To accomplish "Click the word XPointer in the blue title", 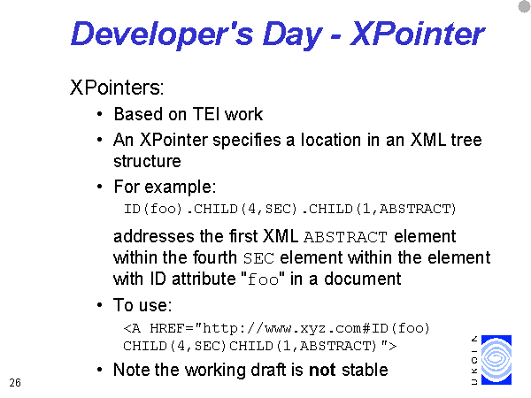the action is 417,34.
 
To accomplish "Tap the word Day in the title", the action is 292,35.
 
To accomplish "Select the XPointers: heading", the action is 117,88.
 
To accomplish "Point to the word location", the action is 331,140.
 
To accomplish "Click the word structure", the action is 147,161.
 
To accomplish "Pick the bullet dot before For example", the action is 99,187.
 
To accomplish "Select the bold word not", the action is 322,370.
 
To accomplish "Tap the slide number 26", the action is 15,383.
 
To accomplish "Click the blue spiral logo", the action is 496,359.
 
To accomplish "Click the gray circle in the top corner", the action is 525,7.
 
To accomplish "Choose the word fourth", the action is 215,257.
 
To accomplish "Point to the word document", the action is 362,279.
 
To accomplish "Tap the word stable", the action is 365,370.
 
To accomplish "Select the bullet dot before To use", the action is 99,305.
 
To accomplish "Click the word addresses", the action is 154,236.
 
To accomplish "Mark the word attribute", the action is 204,279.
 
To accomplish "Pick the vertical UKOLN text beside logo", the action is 474,360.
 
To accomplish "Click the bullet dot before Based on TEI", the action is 99,114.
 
